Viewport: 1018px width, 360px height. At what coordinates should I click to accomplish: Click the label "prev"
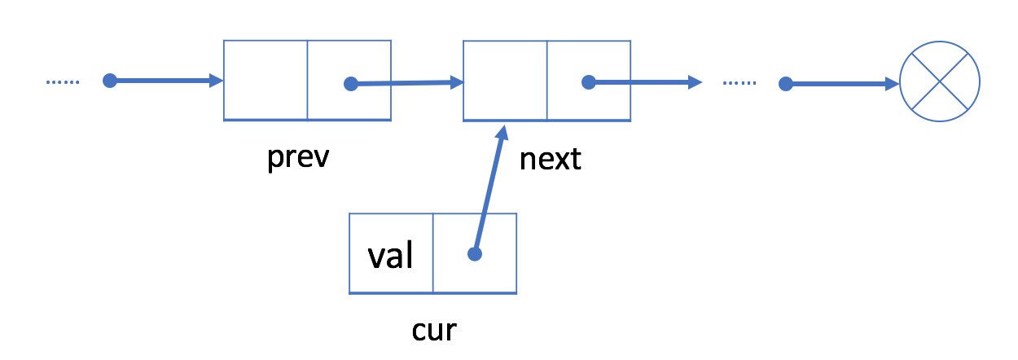298,158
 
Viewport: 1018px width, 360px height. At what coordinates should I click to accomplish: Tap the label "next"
551,159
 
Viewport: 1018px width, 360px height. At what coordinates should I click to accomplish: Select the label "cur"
434,330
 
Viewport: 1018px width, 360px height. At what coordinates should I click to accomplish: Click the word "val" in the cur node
391,256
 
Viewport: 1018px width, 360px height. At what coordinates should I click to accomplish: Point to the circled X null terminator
940,82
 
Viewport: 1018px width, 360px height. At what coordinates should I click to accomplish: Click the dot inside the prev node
350,83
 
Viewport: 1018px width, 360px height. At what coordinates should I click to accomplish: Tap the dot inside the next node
589,82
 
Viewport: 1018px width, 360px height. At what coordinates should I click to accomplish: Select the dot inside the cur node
475,254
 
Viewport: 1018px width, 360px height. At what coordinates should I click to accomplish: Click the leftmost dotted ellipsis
63,81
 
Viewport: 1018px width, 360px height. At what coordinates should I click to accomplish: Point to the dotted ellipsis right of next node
739,83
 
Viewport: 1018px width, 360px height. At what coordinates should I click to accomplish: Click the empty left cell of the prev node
265,81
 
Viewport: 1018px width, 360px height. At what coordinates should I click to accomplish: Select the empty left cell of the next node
505,81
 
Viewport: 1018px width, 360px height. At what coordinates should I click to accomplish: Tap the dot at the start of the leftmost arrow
110,81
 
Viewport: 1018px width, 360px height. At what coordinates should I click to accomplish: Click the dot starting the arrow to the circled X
785,83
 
